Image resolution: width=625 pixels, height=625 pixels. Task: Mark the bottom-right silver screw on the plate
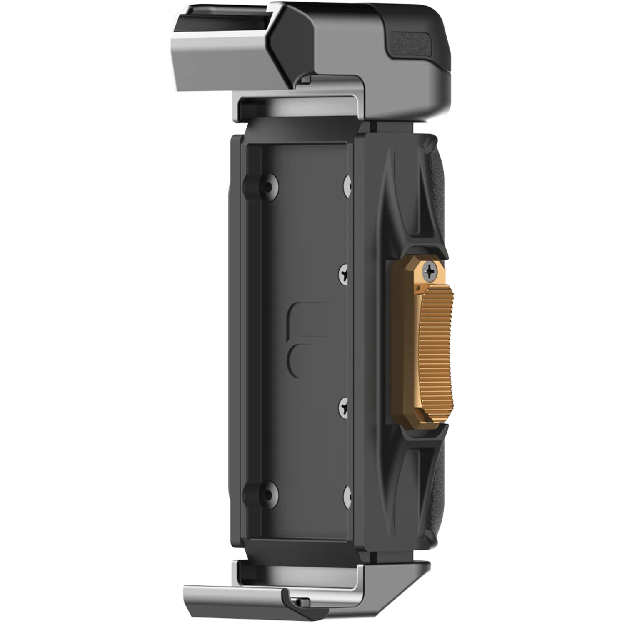[x=347, y=495]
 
